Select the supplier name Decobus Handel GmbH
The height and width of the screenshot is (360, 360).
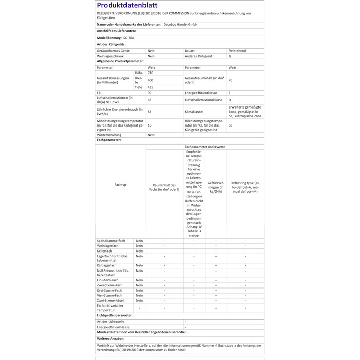(181, 24)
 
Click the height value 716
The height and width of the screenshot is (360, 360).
(150, 74)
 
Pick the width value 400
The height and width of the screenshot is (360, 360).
(150, 80)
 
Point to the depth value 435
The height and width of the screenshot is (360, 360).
(150, 87)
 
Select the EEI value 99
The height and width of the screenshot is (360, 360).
(149, 93)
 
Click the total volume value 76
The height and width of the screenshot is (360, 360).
(231, 80)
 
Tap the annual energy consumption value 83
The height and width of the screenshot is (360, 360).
(149, 111)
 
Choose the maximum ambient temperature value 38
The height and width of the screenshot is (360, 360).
(230, 125)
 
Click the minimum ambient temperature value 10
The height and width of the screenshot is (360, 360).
(149, 125)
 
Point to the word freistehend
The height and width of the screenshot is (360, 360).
(238, 51)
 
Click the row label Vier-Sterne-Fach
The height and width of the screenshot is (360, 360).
(110, 296)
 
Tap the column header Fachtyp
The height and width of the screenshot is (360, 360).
(120, 184)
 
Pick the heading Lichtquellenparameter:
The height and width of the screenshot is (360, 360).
(114, 315)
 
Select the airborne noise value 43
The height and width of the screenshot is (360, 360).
(149, 100)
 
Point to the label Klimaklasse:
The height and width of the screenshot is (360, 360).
(194, 111)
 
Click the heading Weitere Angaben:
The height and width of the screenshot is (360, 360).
(110, 339)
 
